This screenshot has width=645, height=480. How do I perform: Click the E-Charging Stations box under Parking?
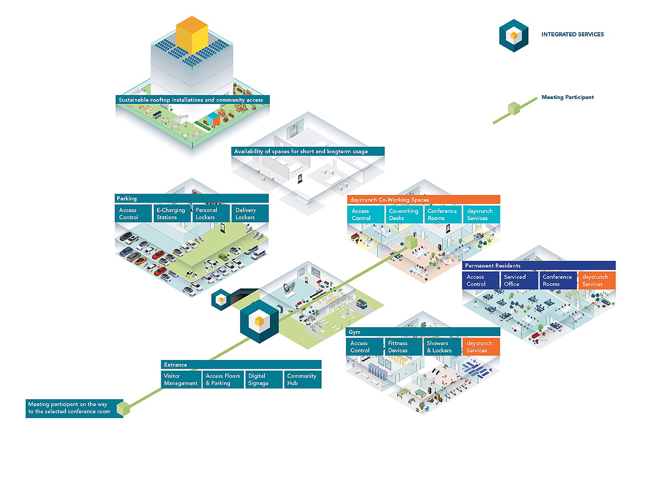point(172,213)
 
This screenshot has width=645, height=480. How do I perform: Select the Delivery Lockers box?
point(250,213)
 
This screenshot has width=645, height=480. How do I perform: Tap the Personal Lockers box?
point(211,213)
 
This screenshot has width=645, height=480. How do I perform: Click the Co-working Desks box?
point(404,214)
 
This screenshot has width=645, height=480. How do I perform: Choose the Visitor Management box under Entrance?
point(181,379)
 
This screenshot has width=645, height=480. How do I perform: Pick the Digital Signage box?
point(264,379)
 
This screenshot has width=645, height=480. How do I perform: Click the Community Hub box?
point(303,379)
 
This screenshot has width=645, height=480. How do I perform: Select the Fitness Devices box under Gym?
point(403,347)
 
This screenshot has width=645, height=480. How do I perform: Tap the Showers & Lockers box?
point(442,347)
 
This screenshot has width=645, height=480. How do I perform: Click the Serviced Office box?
point(519,280)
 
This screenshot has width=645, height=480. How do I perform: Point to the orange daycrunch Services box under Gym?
point(481,347)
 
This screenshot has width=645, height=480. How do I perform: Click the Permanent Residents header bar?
point(539,266)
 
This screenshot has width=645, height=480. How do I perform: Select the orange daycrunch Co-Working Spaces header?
point(424,199)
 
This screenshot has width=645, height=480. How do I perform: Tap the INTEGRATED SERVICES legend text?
point(572,34)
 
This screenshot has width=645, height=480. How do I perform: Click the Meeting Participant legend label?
point(568,97)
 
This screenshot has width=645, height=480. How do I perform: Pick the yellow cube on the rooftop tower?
point(192,35)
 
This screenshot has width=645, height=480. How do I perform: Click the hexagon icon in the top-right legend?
point(513,35)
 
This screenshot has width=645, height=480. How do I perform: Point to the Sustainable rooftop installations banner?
point(192,99)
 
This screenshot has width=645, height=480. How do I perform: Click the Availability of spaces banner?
point(307,151)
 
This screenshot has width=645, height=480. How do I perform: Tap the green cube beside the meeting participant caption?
point(123,408)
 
